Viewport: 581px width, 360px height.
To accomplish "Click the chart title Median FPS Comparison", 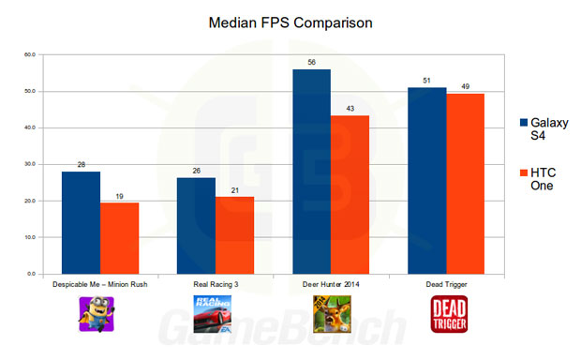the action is (x=290, y=23).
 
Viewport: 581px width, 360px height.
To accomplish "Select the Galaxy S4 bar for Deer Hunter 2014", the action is (x=312, y=172).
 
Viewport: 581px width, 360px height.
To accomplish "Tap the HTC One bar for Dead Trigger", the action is (x=466, y=184).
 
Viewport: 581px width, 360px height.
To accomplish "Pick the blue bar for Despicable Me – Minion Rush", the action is (x=82, y=223).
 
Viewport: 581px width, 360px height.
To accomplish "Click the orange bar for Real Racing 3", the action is (x=235, y=235).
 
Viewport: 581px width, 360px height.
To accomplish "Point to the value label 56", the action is (x=312, y=62).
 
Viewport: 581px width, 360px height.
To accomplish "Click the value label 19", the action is (x=119, y=196).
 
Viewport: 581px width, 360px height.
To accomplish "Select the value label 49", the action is (x=466, y=86).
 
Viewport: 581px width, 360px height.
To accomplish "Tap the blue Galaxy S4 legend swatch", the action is (x=524, y=123).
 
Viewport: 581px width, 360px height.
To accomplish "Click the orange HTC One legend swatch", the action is (x=524, y=172).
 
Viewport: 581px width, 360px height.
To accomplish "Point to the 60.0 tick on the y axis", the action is (x=30, y=54).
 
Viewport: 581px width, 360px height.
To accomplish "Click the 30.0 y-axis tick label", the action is (x=30, y=164).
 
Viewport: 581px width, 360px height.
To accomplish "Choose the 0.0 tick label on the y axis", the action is (x=31, y=274).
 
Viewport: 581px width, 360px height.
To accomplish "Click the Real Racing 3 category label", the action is (x=216, y=284).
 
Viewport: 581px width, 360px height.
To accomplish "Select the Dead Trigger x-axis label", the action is (x=446, y=284).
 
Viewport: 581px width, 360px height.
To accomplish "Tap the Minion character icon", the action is (x=97, y=314).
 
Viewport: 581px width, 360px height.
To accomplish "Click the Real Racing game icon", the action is (x=213, y=314).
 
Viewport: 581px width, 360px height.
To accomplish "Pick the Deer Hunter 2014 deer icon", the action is (x=332, y=314).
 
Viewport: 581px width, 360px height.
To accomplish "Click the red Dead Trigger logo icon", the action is (x=449, y=314).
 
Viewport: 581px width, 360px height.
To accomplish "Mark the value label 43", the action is (x=350, y=108).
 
